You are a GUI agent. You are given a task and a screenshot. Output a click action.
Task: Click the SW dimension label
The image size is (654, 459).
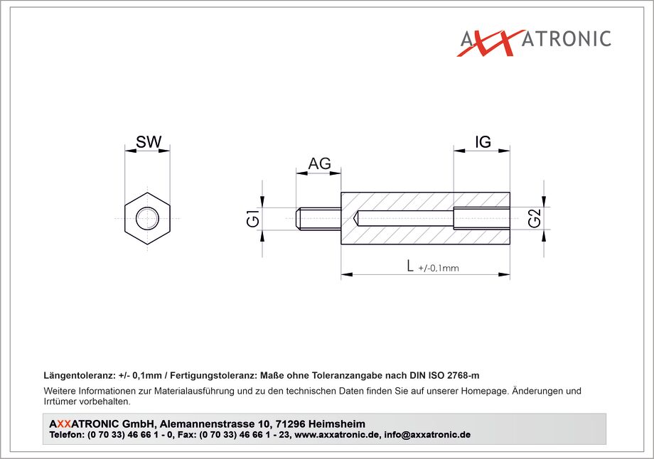click(x=149, y=142)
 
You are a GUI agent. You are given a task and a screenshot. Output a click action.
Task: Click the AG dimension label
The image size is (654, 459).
click(x=319, y=163)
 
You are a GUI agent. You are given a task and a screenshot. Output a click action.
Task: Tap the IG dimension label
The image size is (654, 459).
click(x=483, y=142)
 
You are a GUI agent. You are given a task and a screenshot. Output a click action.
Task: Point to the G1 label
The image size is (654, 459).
click(x=253, y=219)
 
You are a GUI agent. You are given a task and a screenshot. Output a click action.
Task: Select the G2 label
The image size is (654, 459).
click(x=535, y=217)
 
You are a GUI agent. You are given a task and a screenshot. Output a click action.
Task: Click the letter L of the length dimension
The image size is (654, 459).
click(x=410, y=266)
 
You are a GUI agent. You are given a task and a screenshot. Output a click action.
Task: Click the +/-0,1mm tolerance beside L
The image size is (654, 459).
click(x=439, y=268)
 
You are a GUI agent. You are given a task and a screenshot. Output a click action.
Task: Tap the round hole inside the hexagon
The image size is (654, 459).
click(x=147, y=218)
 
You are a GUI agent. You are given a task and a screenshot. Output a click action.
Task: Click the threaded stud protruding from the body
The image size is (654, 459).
click(x=318, y=218)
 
